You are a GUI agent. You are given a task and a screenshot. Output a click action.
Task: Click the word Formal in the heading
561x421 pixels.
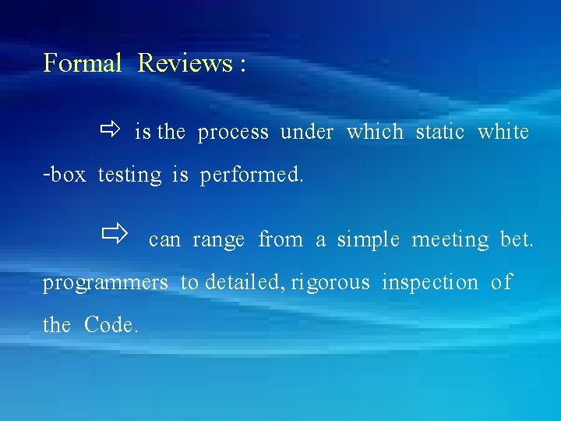pyautogui.click(x=83, y=62)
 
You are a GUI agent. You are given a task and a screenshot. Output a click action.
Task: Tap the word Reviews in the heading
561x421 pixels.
pyautogui.click(x=184, y=62)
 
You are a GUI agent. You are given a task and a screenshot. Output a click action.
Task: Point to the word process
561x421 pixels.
pyautogui.click(x=233, y=133)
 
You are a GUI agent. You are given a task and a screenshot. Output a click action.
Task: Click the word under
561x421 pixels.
pyautogui.click(x=307, y=133)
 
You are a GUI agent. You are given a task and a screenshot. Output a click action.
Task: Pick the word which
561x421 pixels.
pyautogui.click(x=375, y=133)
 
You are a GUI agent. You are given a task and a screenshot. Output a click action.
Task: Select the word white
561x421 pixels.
pyautogui.click(x=503, y=133)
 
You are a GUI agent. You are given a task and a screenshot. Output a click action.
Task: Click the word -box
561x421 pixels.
pyautogui.click(x=64, y=175)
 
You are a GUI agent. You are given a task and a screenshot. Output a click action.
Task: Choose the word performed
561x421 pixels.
pyautogui.click(x=252, y=175)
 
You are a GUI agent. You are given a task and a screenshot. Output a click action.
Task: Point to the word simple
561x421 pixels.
pyautogui.click(x=368, y=240)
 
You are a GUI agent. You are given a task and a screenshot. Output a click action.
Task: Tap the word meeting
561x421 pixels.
pyautogui.click(x=450, y=240)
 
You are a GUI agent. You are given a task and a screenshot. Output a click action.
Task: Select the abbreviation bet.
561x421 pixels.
pyautogui.click(x=517, y=239)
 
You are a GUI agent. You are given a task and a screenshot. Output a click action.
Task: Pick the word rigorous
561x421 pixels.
pyautogui.click(x=330, y=283)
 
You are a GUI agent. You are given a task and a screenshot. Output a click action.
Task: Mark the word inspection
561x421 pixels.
pyautogui.click(x=430, y=283)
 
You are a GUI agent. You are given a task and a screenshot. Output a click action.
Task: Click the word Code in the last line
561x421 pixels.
pyautogui.click(x=111, y=324)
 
